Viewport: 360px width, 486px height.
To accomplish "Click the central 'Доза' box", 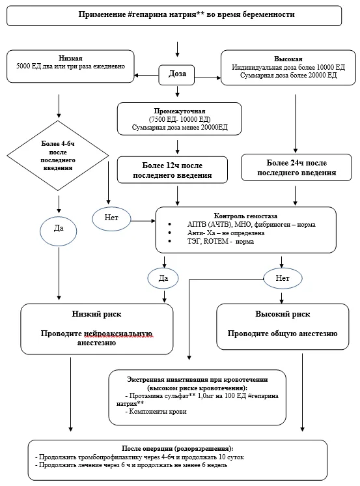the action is (176, 75).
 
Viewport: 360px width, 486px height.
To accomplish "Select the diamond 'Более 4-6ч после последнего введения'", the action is (58, 156).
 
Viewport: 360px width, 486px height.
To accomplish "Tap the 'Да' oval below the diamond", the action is (58, 231).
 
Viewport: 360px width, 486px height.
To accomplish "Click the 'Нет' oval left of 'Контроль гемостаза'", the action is (111, 219).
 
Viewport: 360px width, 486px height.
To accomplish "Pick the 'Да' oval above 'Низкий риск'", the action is (163, 278).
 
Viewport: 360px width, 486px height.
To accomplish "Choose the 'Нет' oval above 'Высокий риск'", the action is (283, 278).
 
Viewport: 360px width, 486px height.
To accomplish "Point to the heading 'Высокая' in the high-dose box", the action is (288, 59).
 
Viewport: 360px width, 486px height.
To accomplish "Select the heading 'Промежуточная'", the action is (180, 111).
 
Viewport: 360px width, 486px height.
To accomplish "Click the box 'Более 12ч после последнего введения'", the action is (173, 170).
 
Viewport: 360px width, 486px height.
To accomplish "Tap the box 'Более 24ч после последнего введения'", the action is (296, 167).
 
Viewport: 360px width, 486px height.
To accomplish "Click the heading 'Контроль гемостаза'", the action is (245, 216).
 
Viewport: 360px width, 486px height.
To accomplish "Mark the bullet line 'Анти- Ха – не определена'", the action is (225, 233).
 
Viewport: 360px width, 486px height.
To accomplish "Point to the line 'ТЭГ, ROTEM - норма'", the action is (220, 241).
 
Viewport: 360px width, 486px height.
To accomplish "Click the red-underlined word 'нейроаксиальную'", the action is (118, 334).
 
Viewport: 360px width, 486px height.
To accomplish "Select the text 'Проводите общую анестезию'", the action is (283, 334).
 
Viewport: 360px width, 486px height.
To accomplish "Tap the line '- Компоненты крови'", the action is (156, 412).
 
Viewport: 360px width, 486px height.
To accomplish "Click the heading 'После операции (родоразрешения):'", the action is (178, 448).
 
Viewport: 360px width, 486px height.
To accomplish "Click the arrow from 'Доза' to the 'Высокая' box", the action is (208, 78).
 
